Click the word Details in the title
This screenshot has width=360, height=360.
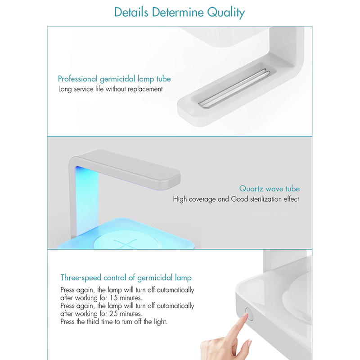pyautogui.click(x=131, y=12)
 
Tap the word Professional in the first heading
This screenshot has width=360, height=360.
pyautogui.click(x=78, y=79)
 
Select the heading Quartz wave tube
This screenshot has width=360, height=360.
pyautogui.click(x=270, y=189)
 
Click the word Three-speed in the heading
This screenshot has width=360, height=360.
pyautogui.click(x=81, y=278)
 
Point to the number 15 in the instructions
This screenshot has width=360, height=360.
pyautogui.click(x=114, y=298)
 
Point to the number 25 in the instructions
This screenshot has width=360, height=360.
pyautogui.click(x=114, y=314)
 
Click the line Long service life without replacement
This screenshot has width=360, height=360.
pyautogui.click(x=110, y=89)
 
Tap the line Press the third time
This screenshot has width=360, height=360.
pyautogui.click(x=114, y=322)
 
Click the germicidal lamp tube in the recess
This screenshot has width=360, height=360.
pyautogui.click(x=234, y=88)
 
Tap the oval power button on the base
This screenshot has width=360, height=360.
pyautogui.click(x=249, y=314)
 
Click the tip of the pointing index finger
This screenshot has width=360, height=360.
pyautogui.click(x=246, y=314)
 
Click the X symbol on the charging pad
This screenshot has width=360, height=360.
pyautogui.click(x=125, y=244)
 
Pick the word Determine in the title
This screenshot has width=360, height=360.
pyautogui.click(x=178, y=12)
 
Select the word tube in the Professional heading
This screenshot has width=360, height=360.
pyautogui.click(x=163, y=79)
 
